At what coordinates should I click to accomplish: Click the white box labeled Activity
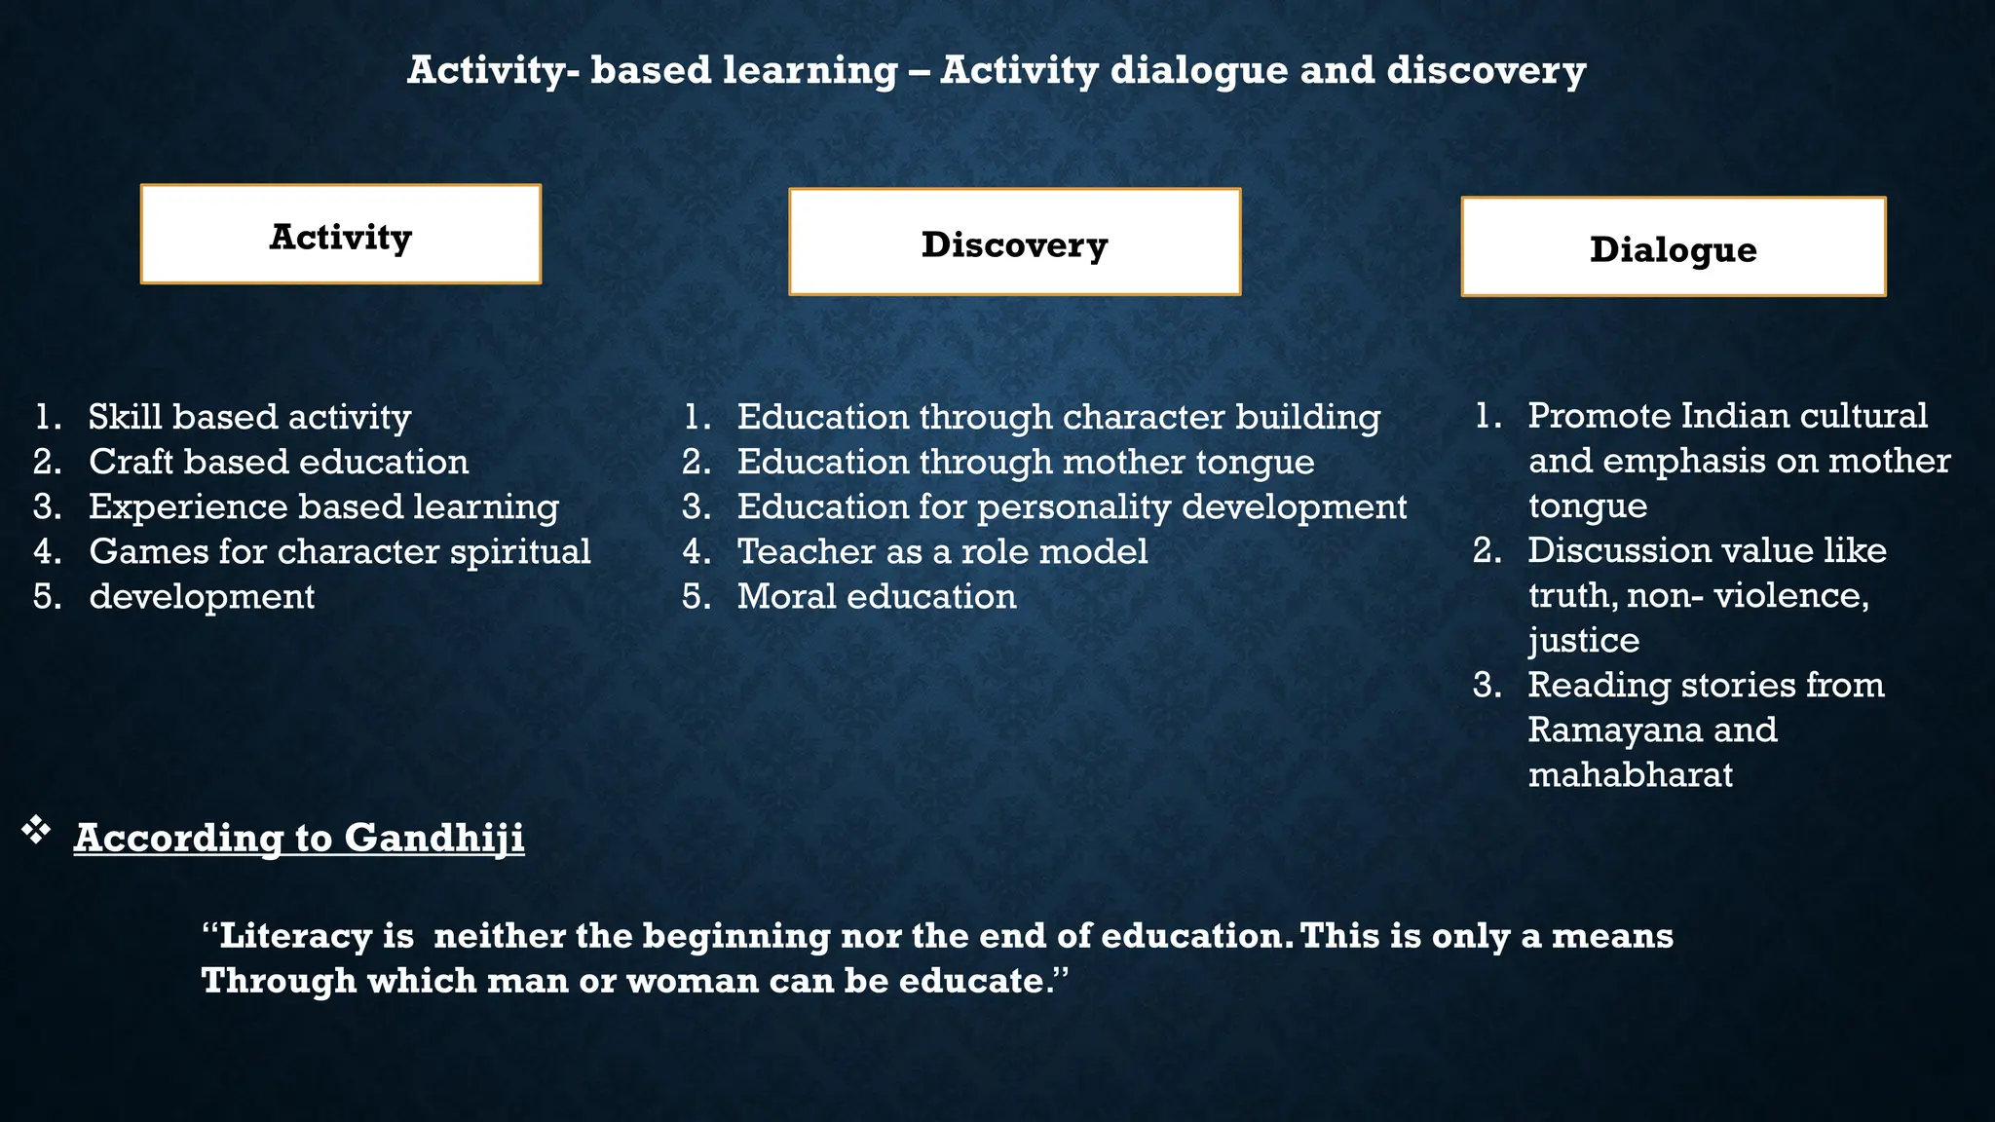(340, 235)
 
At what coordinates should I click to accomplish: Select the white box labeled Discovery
(1014, 243)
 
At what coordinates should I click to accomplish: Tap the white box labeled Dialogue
(1673, 247)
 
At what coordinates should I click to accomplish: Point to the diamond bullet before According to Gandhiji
(36, 830)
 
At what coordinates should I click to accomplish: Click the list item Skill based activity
(249, 417)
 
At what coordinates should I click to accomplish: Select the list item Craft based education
(279, 462)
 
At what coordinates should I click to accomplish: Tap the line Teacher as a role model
(941, 551)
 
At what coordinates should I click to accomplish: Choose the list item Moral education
(876, 596)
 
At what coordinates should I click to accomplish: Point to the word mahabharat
(1630, 774)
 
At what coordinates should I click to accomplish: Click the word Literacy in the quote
(295, 936)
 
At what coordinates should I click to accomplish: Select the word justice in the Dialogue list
(1583, 640)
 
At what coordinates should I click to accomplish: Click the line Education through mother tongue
(1025, 462)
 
